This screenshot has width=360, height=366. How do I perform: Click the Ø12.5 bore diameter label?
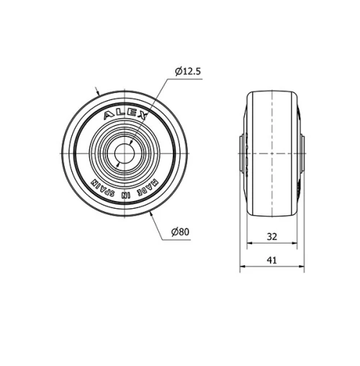[x=186, y=71]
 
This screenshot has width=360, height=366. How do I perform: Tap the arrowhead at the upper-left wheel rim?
[x=99, y=96]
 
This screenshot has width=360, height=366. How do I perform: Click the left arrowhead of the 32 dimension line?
[x=249, y=244]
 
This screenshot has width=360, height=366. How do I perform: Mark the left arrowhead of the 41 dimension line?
[x=242, y=267]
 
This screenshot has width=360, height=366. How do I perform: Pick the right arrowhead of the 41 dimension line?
[x=303, y=267]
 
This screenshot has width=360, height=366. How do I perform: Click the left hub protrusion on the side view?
[x=243, y=153]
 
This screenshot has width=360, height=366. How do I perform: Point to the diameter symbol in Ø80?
[x=175, y=231]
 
